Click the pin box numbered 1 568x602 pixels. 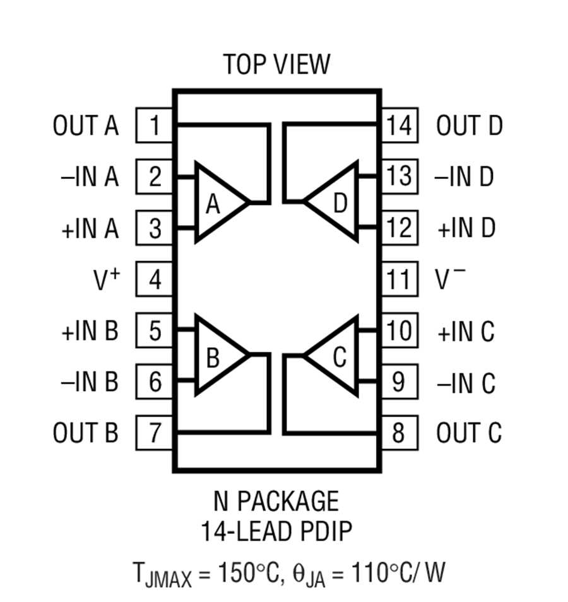point(155,126)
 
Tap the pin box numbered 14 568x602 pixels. point(399,126)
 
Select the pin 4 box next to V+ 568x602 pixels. point(155,279)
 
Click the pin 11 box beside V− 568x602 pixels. point(399,279)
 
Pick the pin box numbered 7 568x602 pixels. point(155,433)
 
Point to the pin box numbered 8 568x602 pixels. point(399,433)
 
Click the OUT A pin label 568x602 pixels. point(86,126)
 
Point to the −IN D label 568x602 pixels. point(464,177)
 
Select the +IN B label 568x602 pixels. point(90,331)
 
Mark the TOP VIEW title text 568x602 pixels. point(276,64)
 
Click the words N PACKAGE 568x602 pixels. point(276,502)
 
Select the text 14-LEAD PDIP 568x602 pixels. point(276,531)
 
